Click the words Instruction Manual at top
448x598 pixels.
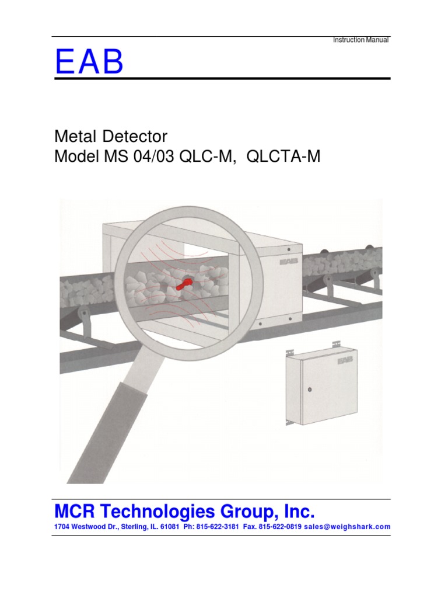360,40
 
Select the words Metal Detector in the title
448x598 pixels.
111,137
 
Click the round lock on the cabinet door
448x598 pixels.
310,389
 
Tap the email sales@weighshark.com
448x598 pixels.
352,527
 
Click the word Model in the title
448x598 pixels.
75,157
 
